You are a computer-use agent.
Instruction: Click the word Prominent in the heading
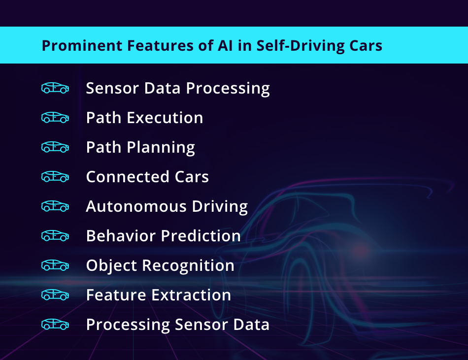pos(77,46)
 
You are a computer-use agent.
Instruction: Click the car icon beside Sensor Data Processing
pos(55,88)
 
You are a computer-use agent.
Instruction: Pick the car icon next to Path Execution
pos(55,118)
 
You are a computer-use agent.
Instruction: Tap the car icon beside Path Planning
pos(55,147)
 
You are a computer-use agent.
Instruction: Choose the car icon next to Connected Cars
pos(55,177)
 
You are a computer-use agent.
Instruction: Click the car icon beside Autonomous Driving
pos(55,206)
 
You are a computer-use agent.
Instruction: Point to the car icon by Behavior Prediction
pos(55,236)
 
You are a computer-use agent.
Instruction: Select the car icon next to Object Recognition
pos(55,265)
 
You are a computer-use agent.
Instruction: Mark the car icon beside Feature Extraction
pos(55,295)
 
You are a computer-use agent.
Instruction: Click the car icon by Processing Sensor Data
pos(55,325)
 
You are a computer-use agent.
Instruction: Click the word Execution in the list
pos(165,118)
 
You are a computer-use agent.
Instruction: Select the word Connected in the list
pos(128,177)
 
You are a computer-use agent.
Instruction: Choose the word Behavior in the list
pos(121,236)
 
